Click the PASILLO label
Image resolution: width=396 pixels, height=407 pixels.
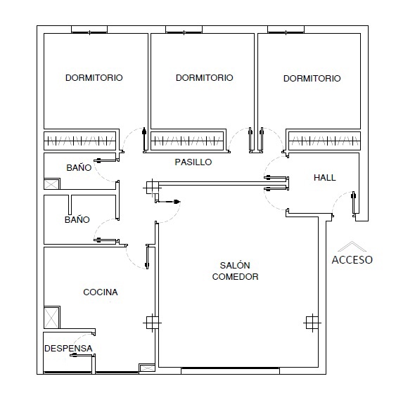pos(193,162)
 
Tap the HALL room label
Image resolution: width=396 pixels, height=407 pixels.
pos(324,178)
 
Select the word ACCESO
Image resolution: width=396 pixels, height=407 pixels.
pos(352,260)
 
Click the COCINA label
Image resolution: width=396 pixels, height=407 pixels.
pos(101,292)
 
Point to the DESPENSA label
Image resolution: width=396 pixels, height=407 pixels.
pos(68,349)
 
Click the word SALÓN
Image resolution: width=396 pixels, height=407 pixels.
pos(235,265)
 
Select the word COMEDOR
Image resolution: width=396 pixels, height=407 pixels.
pos(235,277)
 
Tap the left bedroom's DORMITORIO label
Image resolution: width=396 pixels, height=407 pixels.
pos(94,78)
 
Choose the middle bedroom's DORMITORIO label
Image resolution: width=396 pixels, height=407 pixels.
pos(205,78)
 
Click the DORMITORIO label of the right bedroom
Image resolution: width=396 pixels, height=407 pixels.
pos(312,79)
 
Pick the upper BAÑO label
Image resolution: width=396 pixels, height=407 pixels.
pos(79,168)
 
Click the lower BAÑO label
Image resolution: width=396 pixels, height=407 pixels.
pos(77,220)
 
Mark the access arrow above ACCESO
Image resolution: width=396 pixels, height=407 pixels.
pos(352,246)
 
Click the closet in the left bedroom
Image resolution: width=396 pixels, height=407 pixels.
pos(79,141)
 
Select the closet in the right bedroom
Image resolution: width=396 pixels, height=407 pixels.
pos(324,141)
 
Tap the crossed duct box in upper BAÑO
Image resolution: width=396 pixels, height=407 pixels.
pos(52,183)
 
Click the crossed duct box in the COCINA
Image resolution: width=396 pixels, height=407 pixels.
pos(52,317)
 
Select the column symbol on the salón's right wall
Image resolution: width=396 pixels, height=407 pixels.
pos(312,323)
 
